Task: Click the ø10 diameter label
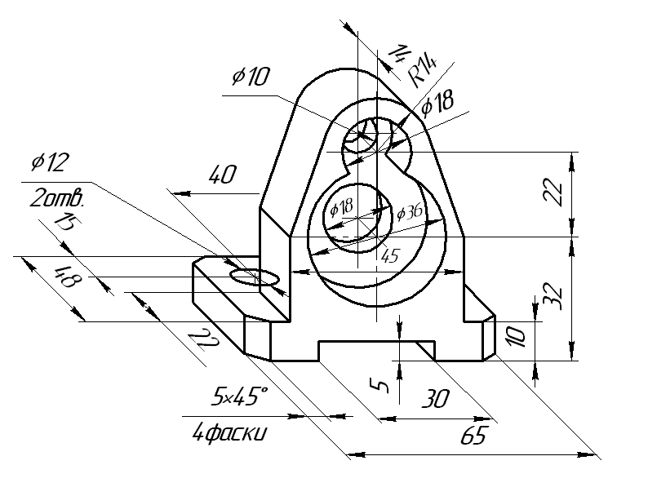coord(251,77)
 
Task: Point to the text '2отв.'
coord(57,199)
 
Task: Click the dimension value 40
coord(222,175)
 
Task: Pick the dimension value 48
coord(69,277)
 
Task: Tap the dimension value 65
coord(474,436)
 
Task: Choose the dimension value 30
coord(436,399)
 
